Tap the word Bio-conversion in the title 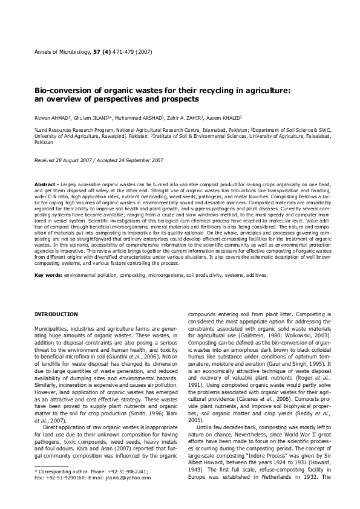coord(63,90)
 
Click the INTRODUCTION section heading coord(56,314)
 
